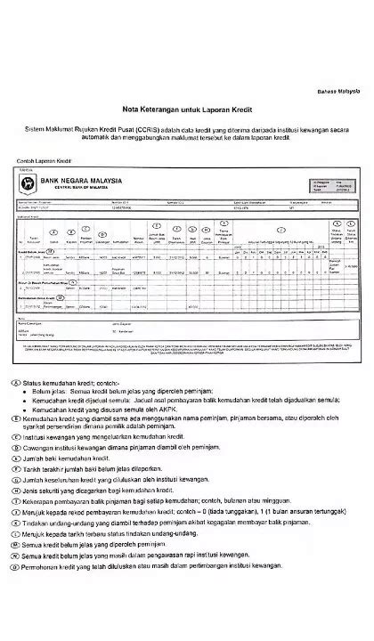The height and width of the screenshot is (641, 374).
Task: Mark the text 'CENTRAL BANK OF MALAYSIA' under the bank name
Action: coord(77,189)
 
